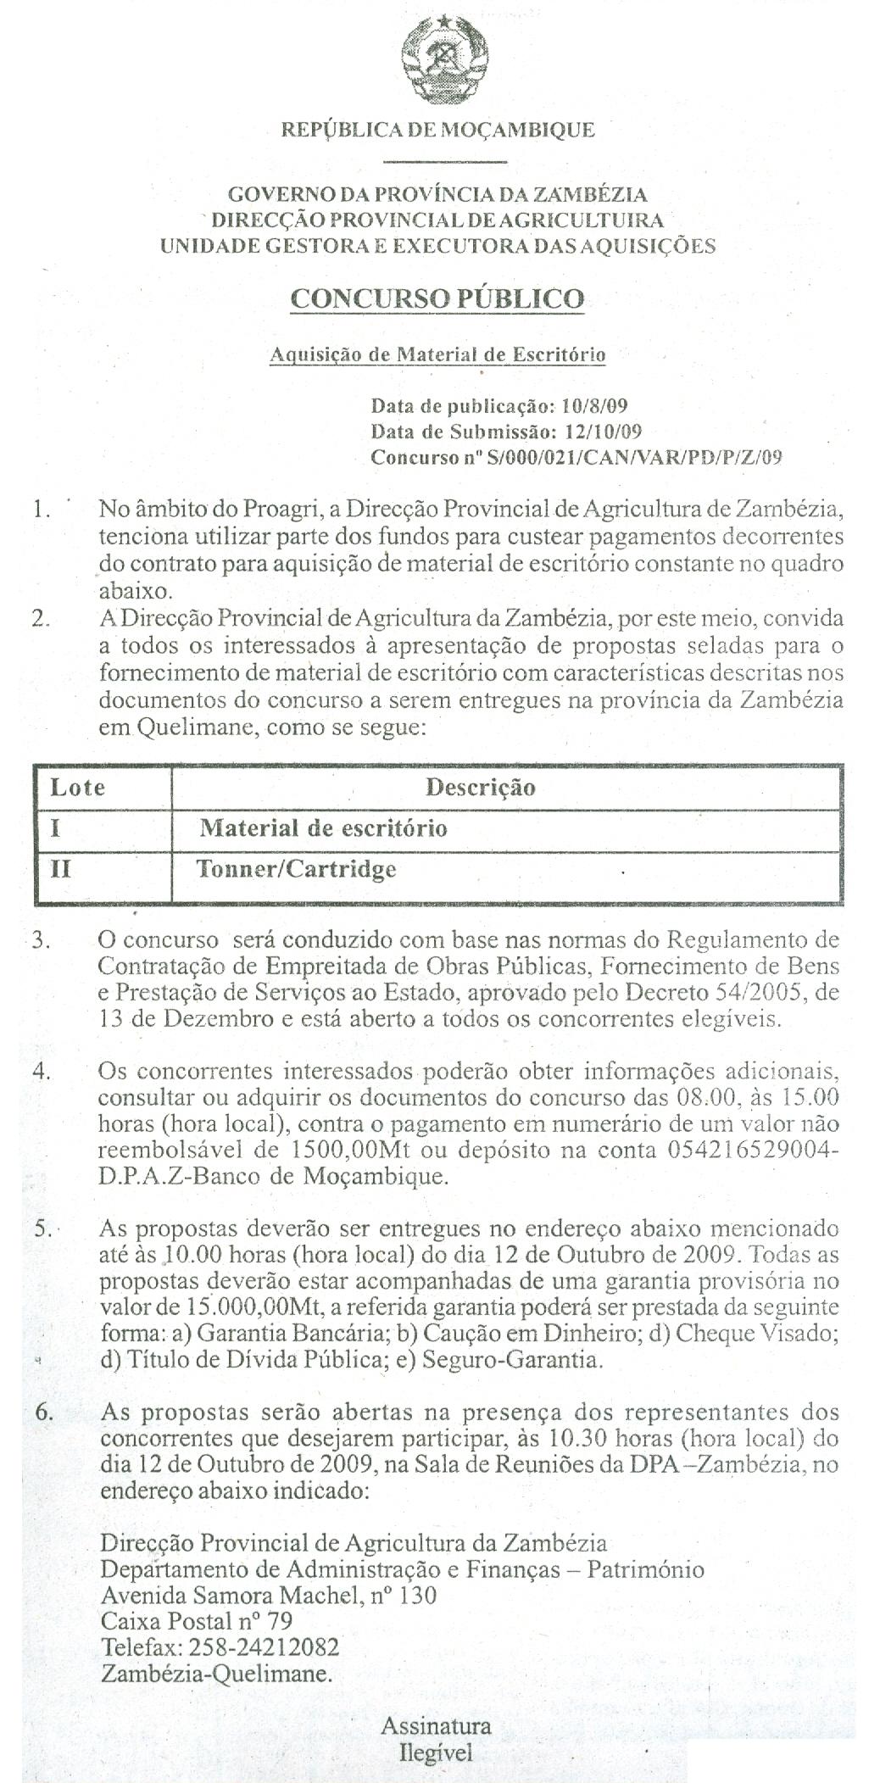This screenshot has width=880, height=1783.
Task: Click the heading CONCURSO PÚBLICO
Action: click(437, 298)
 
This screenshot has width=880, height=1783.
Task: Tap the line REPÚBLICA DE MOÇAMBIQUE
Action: click(437, 130)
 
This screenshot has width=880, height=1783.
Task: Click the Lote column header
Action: click(78, 788)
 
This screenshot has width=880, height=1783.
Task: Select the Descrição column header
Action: click(480, 788)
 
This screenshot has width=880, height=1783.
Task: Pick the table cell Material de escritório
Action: click(323, 827)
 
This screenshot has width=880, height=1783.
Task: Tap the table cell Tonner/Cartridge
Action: click(297, 869)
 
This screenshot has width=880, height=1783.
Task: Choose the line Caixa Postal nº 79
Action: click(196, 1621)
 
